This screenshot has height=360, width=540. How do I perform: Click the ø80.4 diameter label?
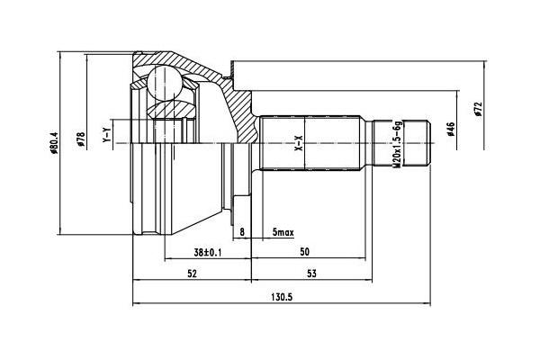pyautogui.click(x=53, y=142)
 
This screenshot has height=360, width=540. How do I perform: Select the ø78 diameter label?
pyautogui.click(x=81, y=139)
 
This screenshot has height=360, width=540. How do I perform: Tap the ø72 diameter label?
pyautogui.click(x=478, y=109)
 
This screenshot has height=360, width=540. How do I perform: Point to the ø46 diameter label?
pyautogui.click(x=451, y=129)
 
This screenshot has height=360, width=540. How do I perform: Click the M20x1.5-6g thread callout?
pyautogui.click(x=398, y=144)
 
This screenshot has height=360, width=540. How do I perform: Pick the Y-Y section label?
pyautogui.click(x=107, y=135)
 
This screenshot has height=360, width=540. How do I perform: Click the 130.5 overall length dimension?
pyautogui.click(x=282, y=297)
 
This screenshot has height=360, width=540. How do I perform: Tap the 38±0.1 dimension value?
pyautogui.click(x=207, y=253)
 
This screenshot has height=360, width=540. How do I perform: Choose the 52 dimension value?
pyautogui.click(x=192, y=274)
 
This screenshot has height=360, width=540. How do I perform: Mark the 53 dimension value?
pyautogui.click(x=311, y=274)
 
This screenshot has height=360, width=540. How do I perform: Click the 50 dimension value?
pyautogui.click(x=304, y=252)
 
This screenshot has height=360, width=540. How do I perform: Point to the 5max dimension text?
pyautogui.click(x=283, y=232)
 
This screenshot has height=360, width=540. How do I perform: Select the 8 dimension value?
pyautogui.click(x=242, y=232)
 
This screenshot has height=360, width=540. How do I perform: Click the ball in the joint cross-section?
pyautogui.click(x=165, y=84)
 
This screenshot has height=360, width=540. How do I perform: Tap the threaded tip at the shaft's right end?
pyautogui.click(x=417, y=143)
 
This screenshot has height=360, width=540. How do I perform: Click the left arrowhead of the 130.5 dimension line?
pyautogui.click(x=136, y=304)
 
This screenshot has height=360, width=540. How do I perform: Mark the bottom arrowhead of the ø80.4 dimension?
pyautogui.click(x=60, y=232)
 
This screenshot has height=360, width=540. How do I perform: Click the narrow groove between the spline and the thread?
pyautogui.click(x=369, y=143)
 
